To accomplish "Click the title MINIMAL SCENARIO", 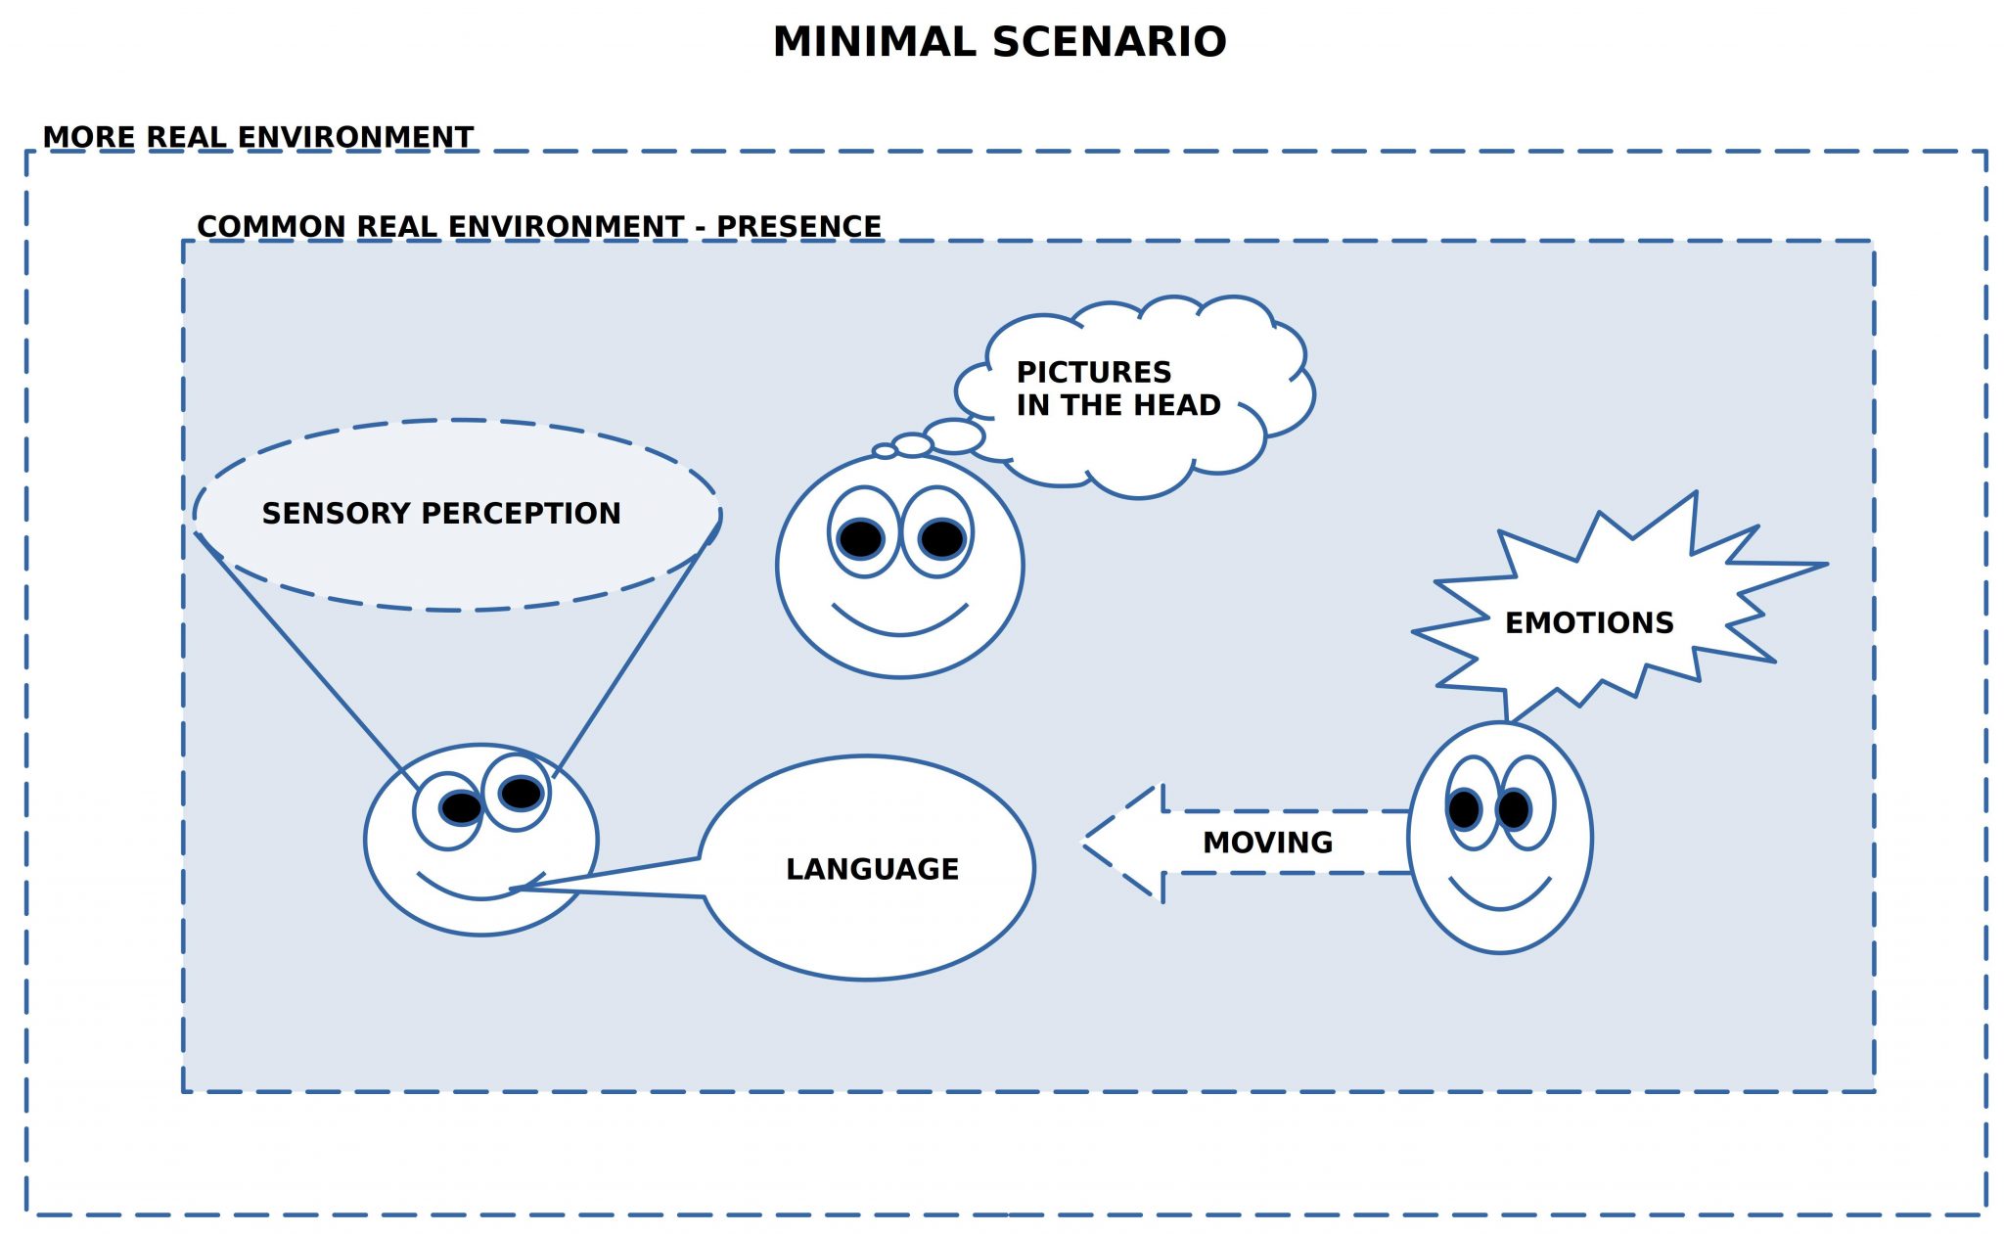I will click(x=999, y=42).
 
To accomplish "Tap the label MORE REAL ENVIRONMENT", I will click(x=258, y=137).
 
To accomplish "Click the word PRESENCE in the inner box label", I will click(x=798, y=226).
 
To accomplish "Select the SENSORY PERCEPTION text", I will click(x=441, y=513).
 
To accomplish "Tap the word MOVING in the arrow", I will click(x=1267, y=843).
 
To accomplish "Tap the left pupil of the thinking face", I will click(x=861, y=538).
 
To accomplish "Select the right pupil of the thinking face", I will click(x=942, y=538).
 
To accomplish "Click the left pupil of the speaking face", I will click(x=461, y=807).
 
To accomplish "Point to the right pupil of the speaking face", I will click(x=521, y=792).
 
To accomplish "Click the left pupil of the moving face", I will click(x=1465, y=809).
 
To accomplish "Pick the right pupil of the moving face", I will click(x=1514, y=809).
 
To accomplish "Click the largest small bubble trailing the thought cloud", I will click(x=954, y=436).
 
